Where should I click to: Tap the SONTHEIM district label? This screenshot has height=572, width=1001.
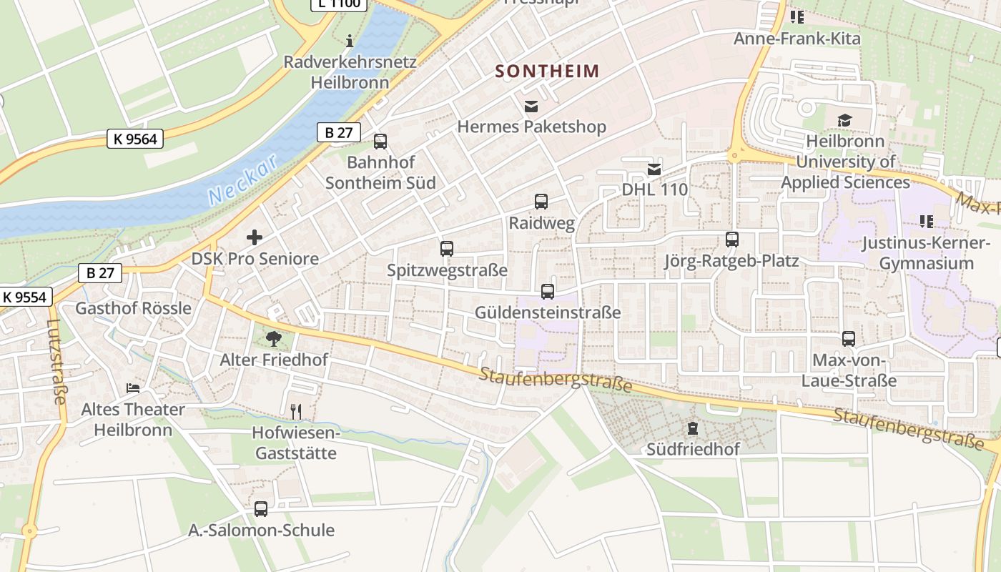(x=547, y=71)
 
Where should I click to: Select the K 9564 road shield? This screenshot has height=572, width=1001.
(x=135, y=139)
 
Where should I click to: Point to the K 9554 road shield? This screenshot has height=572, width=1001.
(x=26, y=297)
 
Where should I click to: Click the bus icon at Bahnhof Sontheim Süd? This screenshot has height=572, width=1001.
(x=380, y=142)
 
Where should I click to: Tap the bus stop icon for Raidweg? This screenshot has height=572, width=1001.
(x=541, y=202)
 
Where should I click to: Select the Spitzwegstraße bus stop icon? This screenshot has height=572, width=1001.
(x=447, y=249)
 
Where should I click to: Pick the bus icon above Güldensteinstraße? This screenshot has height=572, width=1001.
(x=548, y=292)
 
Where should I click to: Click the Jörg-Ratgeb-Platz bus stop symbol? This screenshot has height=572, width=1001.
(x=731, y=240)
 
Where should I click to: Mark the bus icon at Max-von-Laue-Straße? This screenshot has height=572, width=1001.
(x=849, y=339)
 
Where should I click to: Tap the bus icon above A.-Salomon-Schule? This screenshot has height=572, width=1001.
(x=261, y=509)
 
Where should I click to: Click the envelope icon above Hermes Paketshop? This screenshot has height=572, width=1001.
(x=531, y=107)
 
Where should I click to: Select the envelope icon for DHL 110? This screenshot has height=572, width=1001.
(x=654, y=169)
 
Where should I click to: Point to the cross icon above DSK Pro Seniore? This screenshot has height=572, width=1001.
(x=255, y=237)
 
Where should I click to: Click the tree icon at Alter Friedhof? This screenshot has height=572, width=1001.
(x=273, y=338)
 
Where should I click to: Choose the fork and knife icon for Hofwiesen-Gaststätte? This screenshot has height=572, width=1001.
(x=296, y=411)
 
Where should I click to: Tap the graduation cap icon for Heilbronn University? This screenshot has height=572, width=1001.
(x=844, y=120)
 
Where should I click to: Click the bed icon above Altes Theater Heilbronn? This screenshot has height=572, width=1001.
(x=133, y=388)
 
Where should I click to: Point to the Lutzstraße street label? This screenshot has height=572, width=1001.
(x=55, y=361)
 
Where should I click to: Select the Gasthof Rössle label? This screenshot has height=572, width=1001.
(x=134, y=308)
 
